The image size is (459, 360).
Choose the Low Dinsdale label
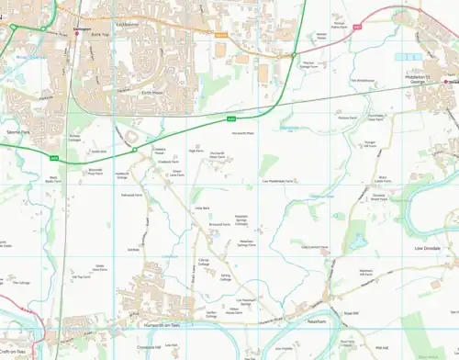coord(429,248)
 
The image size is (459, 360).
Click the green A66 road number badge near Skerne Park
coord(54,158)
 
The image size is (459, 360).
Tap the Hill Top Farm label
coord(80,276)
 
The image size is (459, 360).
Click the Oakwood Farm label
coord(131,195)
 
